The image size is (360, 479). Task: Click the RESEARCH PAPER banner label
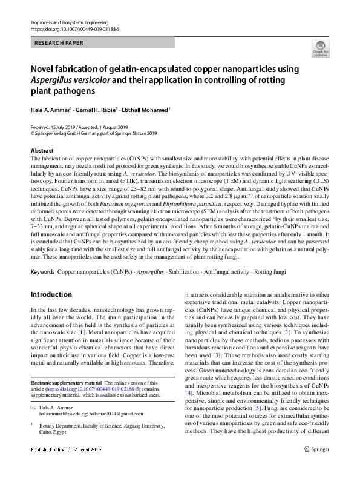point(59,43)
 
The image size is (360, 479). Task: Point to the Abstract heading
point(42,150)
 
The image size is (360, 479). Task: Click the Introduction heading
point(51,294)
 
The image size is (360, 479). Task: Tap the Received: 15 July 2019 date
point(56,127)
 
